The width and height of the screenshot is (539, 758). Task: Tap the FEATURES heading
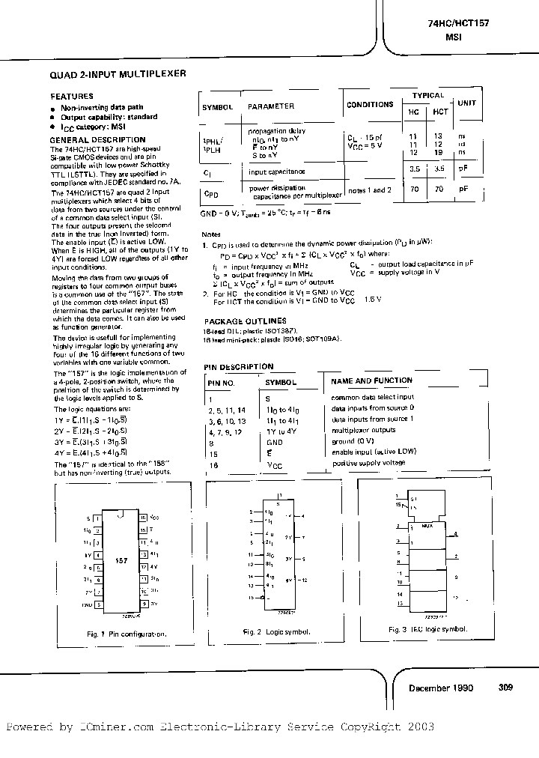71,96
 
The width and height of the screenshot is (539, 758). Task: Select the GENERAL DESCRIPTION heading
97,139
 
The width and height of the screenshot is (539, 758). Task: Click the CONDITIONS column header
370,105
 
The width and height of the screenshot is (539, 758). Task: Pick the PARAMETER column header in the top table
270,106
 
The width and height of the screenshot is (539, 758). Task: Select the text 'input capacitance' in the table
275,172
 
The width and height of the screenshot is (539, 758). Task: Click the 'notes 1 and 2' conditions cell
369,191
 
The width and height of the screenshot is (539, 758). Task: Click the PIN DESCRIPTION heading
239,366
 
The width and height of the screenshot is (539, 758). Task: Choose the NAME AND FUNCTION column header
371,381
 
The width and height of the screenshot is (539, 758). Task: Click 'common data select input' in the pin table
372,397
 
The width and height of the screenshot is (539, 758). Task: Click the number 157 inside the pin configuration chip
121,560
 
